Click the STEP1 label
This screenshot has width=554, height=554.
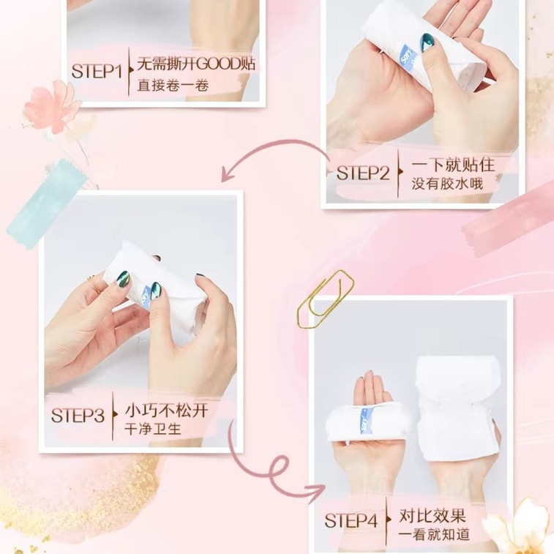click(97, 71)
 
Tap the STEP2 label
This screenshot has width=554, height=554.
click(363, 173)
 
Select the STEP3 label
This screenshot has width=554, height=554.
click(78, 415)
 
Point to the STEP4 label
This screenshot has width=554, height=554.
click(351, 520)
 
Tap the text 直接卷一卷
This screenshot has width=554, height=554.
click(173, 86)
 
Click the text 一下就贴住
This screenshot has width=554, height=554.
click(453, 165)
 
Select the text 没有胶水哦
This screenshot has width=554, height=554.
click(447, 184)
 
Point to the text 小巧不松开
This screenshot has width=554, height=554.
click(166, 411)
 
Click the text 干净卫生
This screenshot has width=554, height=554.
click(153, 429)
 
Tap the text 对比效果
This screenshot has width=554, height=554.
click(433, 516)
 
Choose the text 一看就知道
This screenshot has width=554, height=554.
click(434, 534)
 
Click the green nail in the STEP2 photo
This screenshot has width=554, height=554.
click(427, 42)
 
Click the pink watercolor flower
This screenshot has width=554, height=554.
click(52, 107)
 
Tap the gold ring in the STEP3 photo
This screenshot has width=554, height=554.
click(95, 284)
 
